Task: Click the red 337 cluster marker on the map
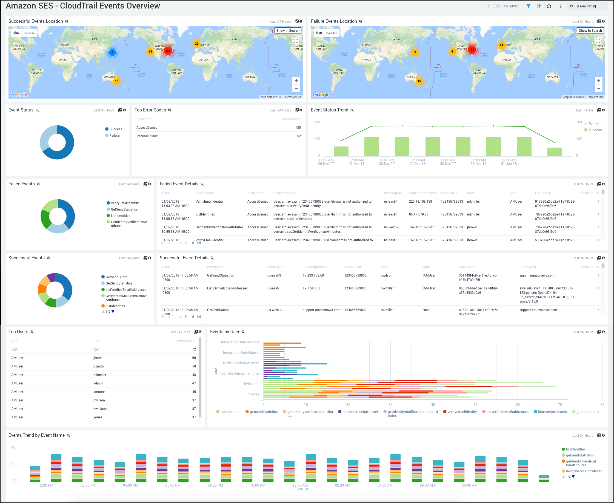pos(168,51)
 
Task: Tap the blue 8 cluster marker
pos(113,53)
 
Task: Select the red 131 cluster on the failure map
pos(472,50)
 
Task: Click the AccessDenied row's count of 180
pos(298,128)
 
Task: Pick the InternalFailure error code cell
pos(147,136)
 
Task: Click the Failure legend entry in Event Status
pos(114,135)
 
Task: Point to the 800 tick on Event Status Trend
pos(316,122)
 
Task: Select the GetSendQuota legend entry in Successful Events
pos(116,277)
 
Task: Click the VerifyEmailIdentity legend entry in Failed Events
pos(125,203)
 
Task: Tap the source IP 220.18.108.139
pos(420,201)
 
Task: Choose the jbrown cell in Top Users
pos(98,358)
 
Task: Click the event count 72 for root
pos(194,349)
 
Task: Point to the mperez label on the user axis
pos(253,394)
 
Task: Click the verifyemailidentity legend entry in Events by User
pos(462,412)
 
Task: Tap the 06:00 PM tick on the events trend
pos(173,485)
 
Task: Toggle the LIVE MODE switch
pos(496,6)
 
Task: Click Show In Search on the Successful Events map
pos(288,30)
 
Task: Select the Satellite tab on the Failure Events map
pos(332,33)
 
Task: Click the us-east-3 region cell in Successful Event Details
pos(274,275)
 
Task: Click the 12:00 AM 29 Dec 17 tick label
pos(417,162)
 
